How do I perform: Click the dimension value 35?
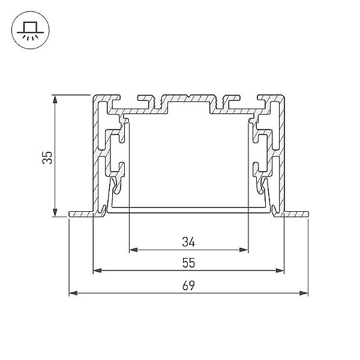coord(47,157)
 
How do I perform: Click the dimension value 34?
coord(188,242)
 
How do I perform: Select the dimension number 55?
coord(188,263)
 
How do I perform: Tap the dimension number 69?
coord(188,286)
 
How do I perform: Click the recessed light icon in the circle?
coord(31,30)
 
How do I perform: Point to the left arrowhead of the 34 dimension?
coord(133,250)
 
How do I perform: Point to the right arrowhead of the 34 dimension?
coord(244,250)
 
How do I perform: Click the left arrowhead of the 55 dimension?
coord(97,271)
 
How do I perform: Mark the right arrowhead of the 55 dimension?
coord(280,271)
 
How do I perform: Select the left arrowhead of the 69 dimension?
coord(73,293)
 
